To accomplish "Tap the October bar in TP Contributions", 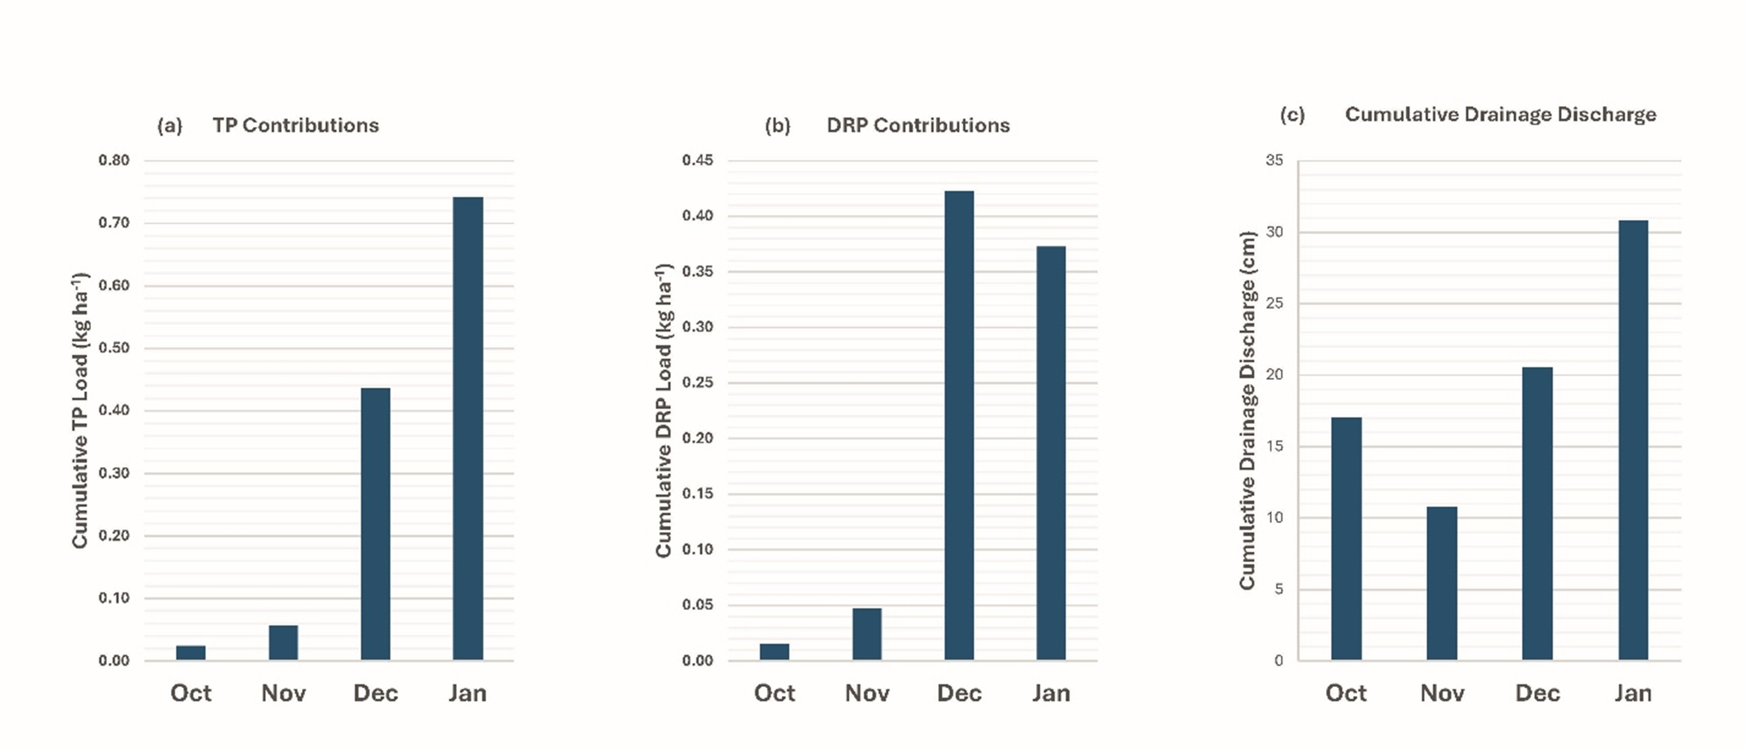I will [x=191, y=652].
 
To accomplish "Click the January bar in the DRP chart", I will [x=1051, y=453].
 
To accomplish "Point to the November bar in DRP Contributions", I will [x=867, y=634].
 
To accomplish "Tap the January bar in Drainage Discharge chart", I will [x=1633, y=439].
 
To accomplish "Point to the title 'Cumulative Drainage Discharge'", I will [x=1500, y=115].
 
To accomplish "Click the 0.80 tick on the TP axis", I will [x=114, y=161].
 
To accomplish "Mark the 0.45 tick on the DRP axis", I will [x=698, y=161].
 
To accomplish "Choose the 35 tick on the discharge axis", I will [x=1274, y=161].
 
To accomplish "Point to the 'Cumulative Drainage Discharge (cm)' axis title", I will [x=1248, y=410].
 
